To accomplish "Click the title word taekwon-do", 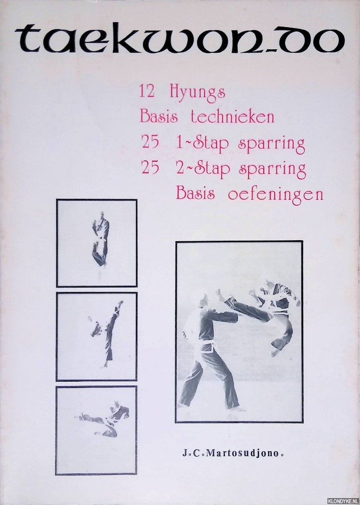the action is [x=180, y=40].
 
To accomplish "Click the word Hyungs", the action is [x=197, y=93].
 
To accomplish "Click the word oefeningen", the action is [x=275, y=194].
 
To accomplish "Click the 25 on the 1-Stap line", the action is [x=150, y=142].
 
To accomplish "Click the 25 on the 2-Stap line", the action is [x=150, y=168].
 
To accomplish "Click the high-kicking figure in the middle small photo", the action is [x=106, y=334].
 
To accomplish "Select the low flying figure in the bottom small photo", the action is [x=105, y=418].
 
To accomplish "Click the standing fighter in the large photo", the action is [x=213, y=348].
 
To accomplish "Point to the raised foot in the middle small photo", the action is [x=119, y=304].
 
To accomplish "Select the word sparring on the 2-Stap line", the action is [x=272, y=170].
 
